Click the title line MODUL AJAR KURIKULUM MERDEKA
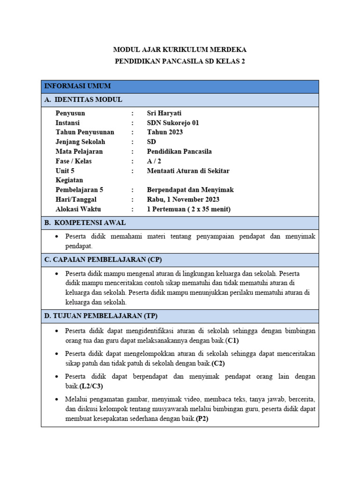180,49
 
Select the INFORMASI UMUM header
77,86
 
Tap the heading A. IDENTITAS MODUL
83,99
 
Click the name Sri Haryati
164,113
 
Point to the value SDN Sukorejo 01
173,123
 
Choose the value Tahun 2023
165,132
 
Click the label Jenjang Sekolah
80,142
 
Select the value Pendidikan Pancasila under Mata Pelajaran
179,151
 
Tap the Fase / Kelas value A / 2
153,161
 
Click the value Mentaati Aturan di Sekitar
188,171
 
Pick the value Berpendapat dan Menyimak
190,190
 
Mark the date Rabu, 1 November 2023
183,200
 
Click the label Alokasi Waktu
78,209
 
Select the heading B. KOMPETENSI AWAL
85,223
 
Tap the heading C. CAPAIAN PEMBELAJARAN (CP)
103,260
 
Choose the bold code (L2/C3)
91,386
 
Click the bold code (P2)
202,419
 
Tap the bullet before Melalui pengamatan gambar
56,399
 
